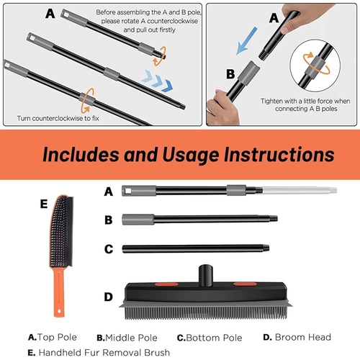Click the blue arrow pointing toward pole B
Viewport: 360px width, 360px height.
click(246, 41)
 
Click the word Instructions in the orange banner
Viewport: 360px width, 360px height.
click(279, 154)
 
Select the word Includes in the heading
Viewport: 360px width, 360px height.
click(81, 154)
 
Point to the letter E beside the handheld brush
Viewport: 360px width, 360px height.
click(44, 204)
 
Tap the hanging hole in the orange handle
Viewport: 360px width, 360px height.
click(59, 311)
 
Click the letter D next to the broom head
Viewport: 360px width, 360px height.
click(109, 297)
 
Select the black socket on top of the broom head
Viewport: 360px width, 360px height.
click(206, 275)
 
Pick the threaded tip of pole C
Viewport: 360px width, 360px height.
click(266, 248)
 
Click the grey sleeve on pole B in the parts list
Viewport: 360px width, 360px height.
click(138, 220)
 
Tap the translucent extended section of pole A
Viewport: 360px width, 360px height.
click(300, 190)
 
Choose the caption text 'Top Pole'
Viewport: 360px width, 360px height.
click(57, 337)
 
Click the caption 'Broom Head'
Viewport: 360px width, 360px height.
click(303, 337)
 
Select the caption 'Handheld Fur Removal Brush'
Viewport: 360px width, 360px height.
click(104, 353)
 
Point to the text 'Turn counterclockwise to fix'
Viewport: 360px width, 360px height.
click(58, 118)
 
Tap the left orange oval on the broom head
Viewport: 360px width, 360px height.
click(166, 284)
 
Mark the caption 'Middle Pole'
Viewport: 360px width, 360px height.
click(131, 338)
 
